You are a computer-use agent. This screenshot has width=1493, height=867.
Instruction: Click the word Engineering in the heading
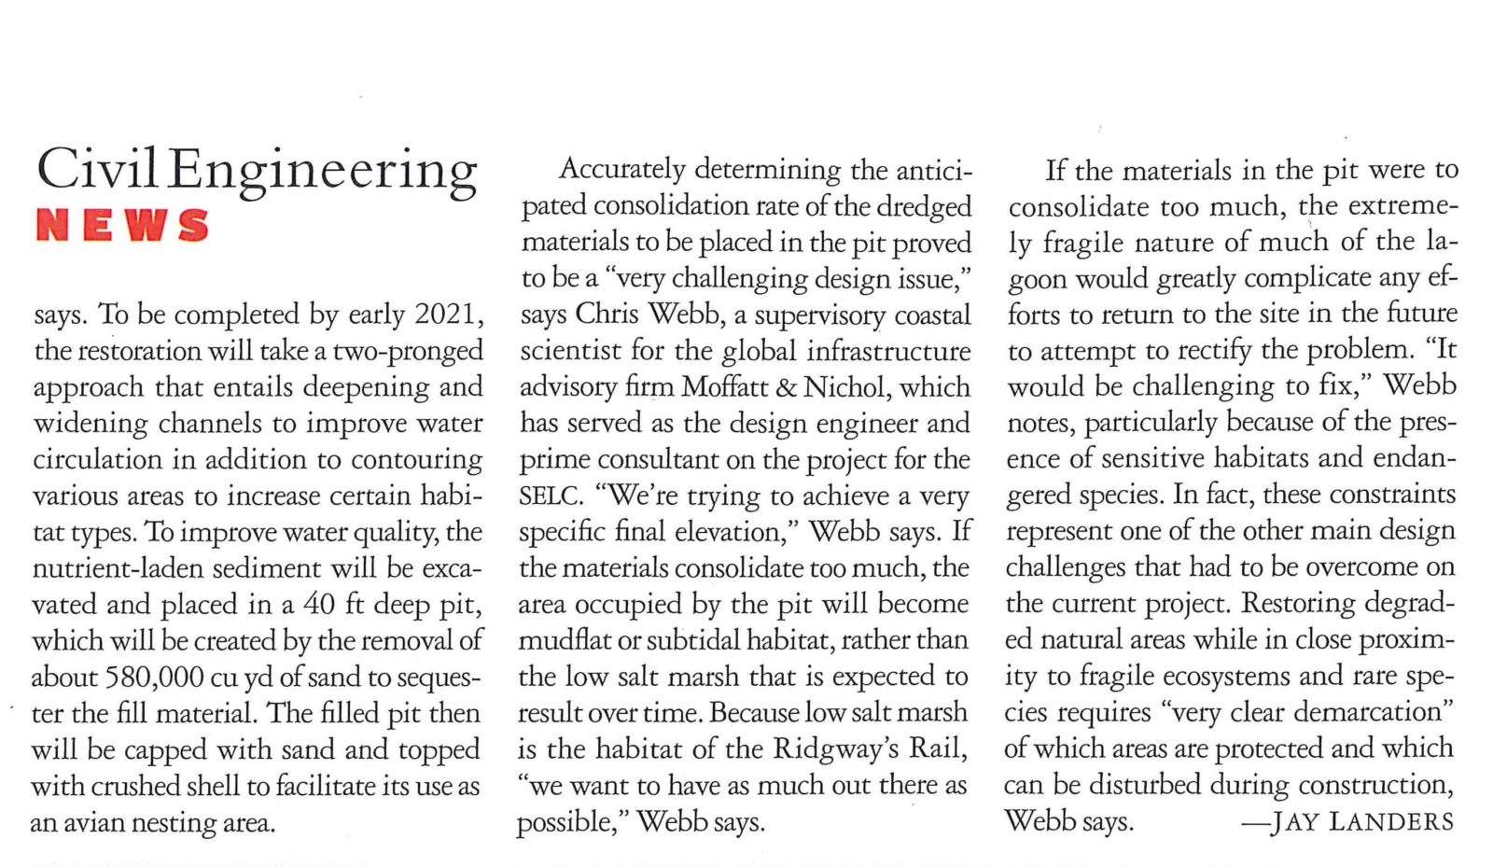323,172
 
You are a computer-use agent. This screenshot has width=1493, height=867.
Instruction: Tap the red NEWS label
122,226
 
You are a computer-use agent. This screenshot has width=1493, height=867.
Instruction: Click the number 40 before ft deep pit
318,604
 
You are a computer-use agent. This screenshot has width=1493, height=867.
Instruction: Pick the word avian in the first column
97,822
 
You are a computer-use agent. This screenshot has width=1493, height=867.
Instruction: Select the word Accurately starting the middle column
621,169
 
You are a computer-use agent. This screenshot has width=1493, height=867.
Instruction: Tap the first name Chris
607,315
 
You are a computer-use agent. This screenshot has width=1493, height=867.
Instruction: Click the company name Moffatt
726,386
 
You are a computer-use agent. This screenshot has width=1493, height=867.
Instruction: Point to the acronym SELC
551,496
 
